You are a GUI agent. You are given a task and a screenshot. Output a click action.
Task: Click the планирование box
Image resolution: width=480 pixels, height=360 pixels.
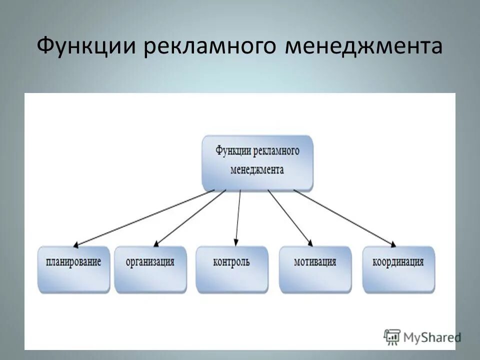(73, 269)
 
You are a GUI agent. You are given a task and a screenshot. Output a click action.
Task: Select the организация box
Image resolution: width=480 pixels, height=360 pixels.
(150, 269)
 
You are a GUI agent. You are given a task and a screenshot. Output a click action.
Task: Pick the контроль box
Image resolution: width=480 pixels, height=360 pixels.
(231, 269)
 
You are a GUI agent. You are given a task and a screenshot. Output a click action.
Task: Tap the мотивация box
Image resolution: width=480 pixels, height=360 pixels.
(315, 269)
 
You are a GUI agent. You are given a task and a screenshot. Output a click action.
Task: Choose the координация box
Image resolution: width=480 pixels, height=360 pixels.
(398, 269)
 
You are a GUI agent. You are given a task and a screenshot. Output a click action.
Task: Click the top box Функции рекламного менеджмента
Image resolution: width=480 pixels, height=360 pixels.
(257, 162)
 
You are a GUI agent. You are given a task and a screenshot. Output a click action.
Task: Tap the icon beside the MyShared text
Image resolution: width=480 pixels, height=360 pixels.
(392, 336)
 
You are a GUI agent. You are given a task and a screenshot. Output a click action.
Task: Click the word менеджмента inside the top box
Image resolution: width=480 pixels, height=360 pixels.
(257, 170)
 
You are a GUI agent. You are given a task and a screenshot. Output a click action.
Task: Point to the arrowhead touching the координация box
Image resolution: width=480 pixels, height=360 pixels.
(393, 244)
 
